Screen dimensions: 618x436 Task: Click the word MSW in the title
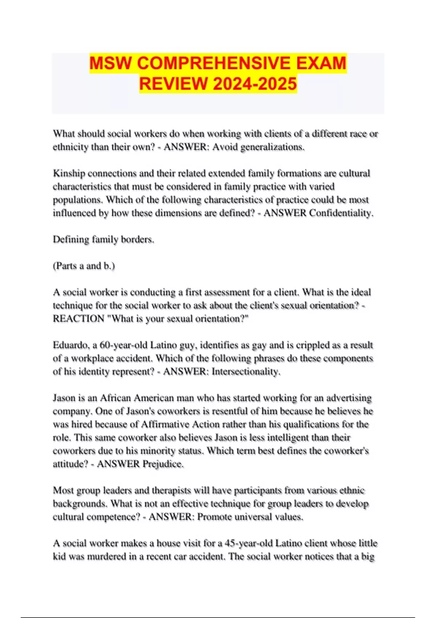tap(111, 63)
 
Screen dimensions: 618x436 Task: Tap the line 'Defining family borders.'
tap(104, 239)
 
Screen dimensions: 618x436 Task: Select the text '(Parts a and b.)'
tap(84, 266)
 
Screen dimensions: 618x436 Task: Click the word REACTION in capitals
tap(78, 319)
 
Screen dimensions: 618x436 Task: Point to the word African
tap(115, 398)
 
